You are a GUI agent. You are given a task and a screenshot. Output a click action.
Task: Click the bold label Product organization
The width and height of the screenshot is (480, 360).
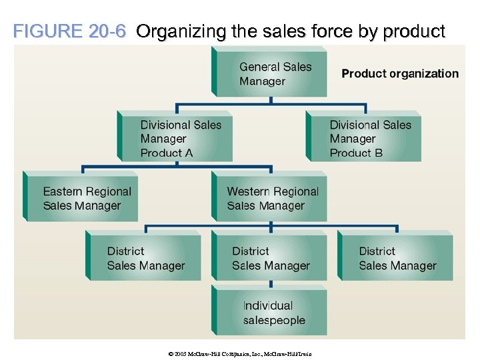(400, 73)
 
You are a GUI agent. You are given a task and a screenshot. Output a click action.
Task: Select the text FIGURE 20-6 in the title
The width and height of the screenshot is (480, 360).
(69, 31)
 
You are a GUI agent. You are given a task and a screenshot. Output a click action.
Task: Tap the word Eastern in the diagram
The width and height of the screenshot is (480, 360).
(63, 191)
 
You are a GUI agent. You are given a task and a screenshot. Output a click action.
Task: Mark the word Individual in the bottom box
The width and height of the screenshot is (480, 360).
(268, 305)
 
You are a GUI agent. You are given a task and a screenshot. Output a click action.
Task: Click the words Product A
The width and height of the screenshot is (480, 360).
(167, 153)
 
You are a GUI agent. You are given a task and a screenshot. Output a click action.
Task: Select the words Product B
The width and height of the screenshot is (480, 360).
(356, 153)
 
